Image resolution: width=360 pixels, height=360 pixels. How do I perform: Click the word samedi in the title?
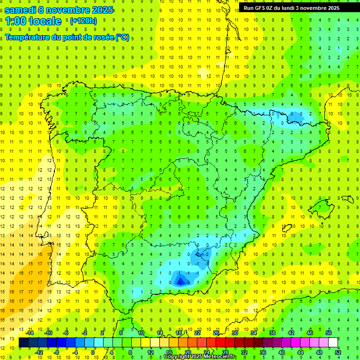[x=21, y=9]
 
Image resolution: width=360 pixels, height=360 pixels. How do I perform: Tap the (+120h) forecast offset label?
[x=83, y=21]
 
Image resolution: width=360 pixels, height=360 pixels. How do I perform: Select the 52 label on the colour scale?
[x=338, y=352]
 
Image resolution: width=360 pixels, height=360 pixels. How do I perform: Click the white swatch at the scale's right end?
[x=333, y=343]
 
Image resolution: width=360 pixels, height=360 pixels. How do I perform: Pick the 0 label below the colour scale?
[x=93, y=352]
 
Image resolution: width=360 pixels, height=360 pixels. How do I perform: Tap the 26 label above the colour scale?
[x=216, y=333]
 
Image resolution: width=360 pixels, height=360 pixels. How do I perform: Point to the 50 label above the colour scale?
[x=329, y=333]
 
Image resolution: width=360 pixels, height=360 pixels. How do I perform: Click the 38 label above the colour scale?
[x=272, y=333]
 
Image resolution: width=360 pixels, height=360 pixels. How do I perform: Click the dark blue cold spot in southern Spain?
[x=180, y=281]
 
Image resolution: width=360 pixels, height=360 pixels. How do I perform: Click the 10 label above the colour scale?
[x=141, y=333]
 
